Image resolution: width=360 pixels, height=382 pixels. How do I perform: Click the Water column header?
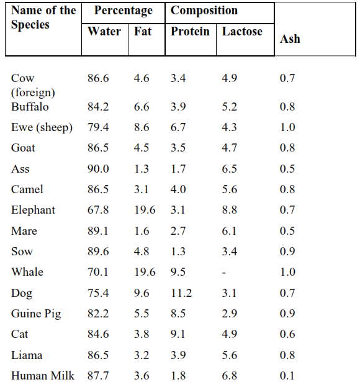(104, 31)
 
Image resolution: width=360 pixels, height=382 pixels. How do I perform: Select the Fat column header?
(143, 31)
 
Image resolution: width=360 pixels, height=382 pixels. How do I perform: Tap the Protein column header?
(190, 31)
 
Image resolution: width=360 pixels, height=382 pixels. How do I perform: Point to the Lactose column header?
(242, 31)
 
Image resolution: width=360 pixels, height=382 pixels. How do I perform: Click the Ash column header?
(290, 39)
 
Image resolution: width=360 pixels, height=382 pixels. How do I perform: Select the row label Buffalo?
(30, 106)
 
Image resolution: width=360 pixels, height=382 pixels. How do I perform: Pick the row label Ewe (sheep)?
(42, 127)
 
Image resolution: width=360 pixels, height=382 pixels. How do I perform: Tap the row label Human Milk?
(43, 375)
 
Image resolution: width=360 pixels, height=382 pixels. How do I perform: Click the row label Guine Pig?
(36, 313)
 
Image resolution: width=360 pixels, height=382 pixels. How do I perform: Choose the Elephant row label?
(33, 210)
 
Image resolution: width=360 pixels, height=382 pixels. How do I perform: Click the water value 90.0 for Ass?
(98, 169)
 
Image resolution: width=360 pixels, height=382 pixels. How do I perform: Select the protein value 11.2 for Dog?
(181, 293)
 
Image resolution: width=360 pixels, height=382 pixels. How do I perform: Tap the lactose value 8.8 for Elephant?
(229, 210)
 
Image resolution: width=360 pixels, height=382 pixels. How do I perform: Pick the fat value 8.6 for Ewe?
(142, 127)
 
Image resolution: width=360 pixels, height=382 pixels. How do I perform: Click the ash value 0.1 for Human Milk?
(287, 375)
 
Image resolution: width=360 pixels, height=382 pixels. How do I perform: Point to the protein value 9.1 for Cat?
(178, 334)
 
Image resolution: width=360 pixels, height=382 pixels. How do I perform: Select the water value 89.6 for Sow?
(98, 252)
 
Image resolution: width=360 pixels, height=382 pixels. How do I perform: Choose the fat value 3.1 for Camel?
(142, 189)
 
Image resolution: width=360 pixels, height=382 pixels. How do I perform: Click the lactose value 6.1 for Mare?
(229, 231)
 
